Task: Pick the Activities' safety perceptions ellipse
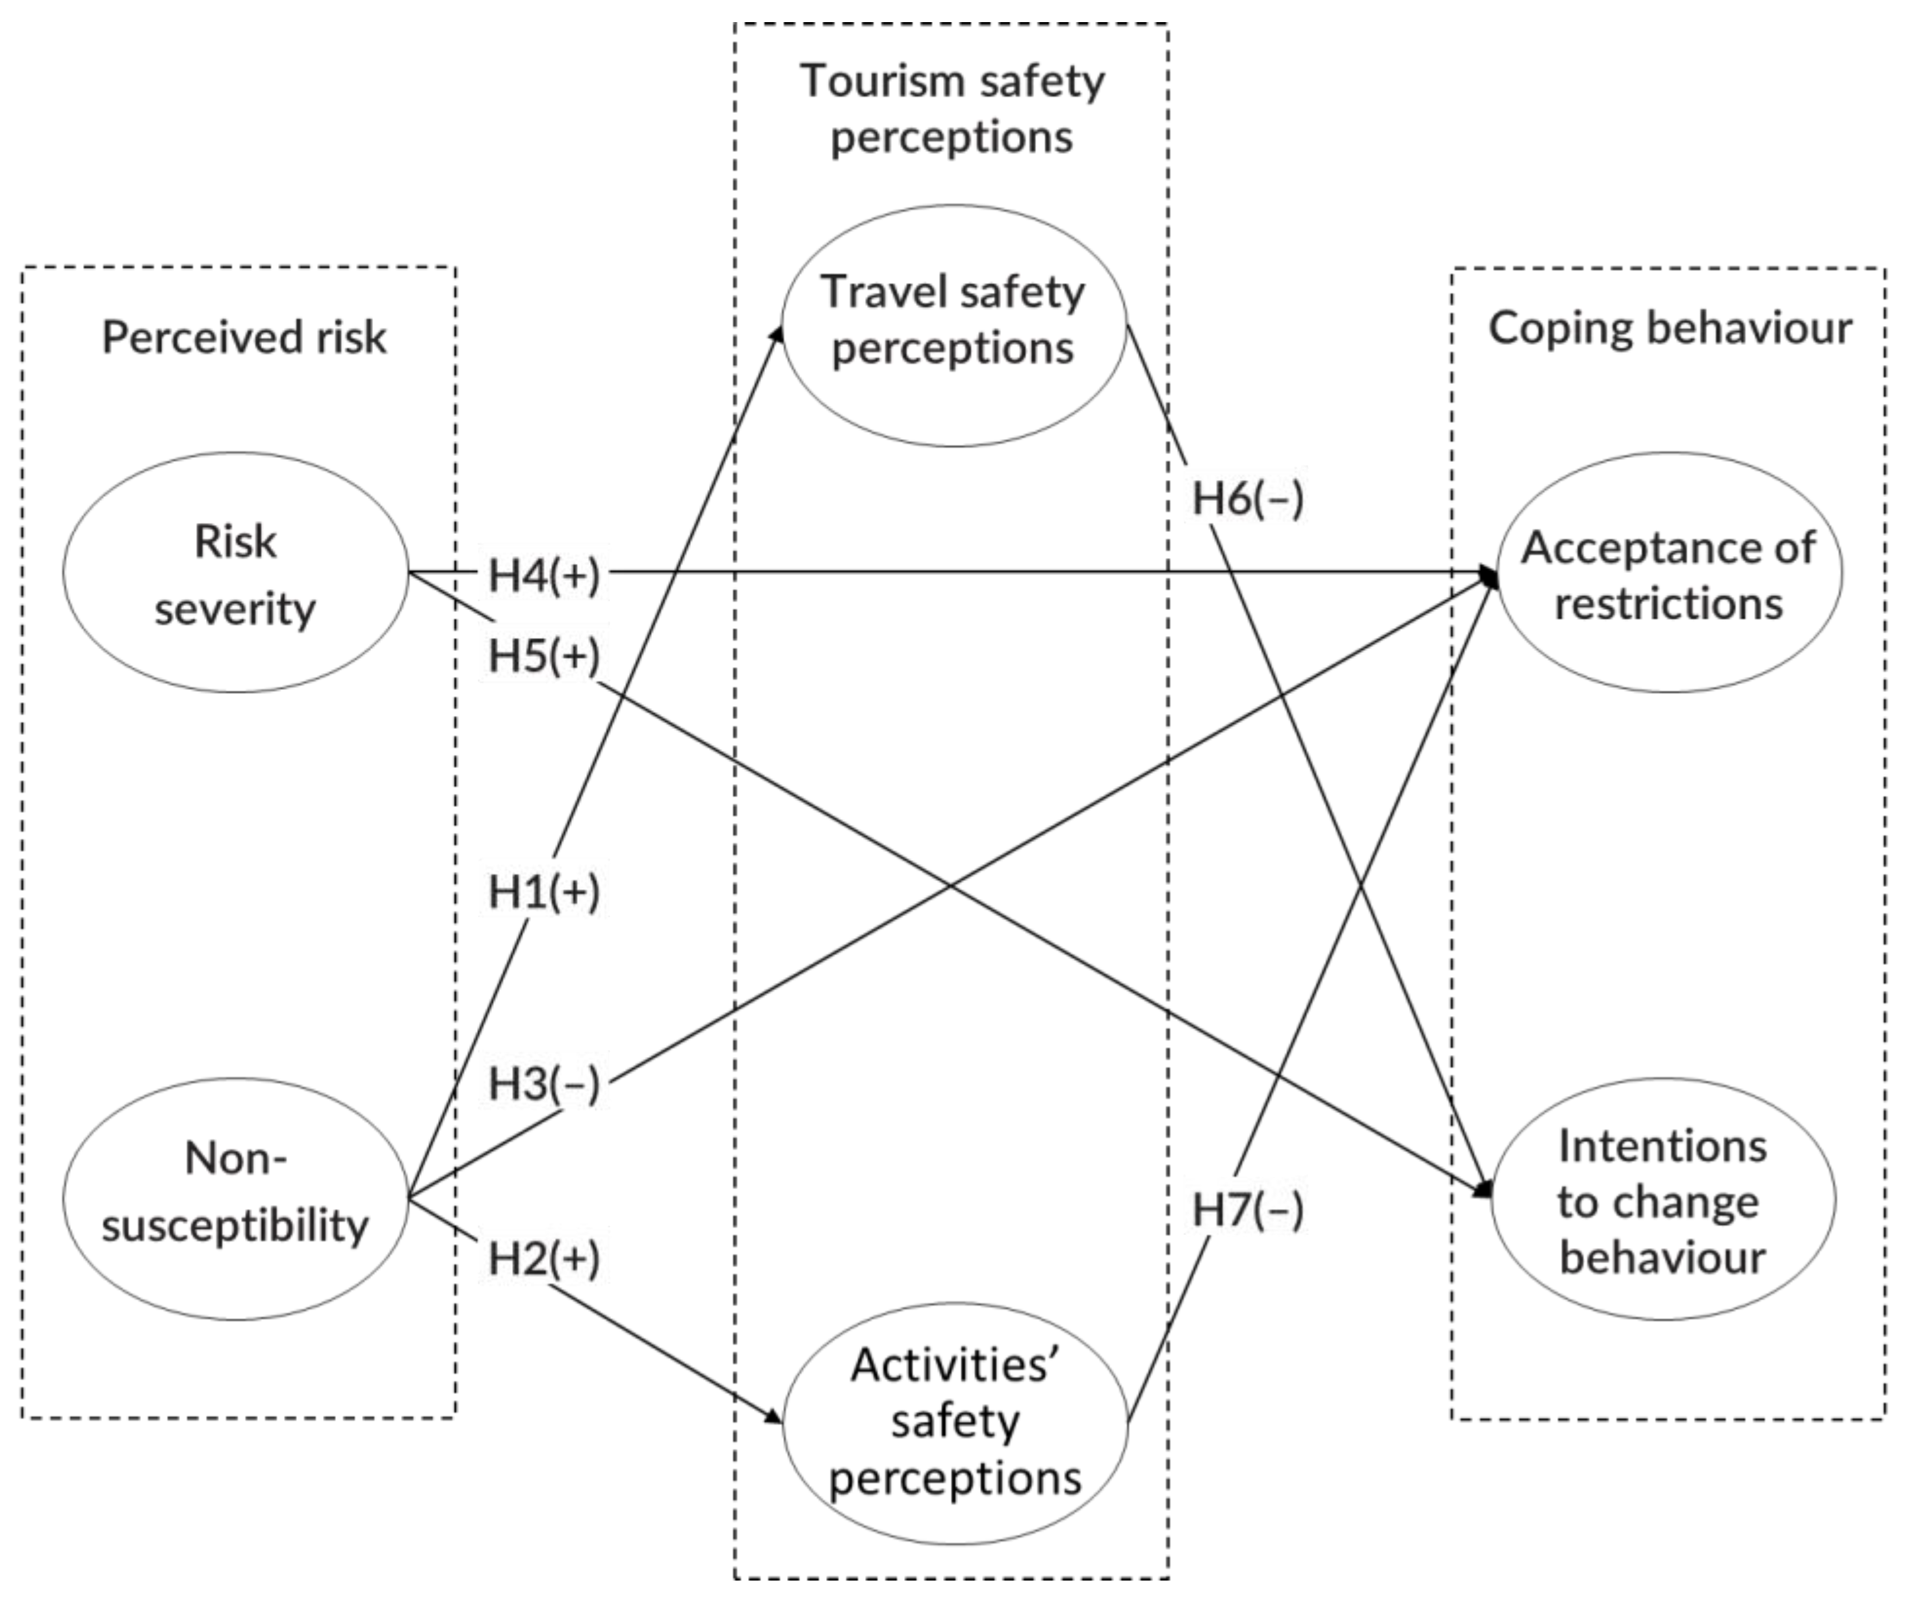[x=954, y=1422]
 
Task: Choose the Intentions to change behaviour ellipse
[x=1662, y=1200]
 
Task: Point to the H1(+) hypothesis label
[x=543, y=892]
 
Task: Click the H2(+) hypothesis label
[x=543, y=1259]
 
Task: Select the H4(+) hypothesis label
[x=543, y=576]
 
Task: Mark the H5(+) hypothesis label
[x=543, y=655]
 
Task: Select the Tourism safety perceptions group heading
[x=952, y=108]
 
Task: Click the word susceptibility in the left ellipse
[x=235, y=1226]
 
